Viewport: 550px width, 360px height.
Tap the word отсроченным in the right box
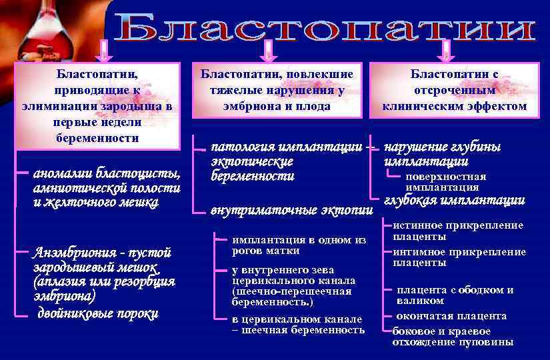454,91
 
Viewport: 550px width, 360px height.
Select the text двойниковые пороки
97,314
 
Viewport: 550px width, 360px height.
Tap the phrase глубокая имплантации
455,201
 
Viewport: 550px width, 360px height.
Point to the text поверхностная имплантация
446,182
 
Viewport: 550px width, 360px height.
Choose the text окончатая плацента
451,316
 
